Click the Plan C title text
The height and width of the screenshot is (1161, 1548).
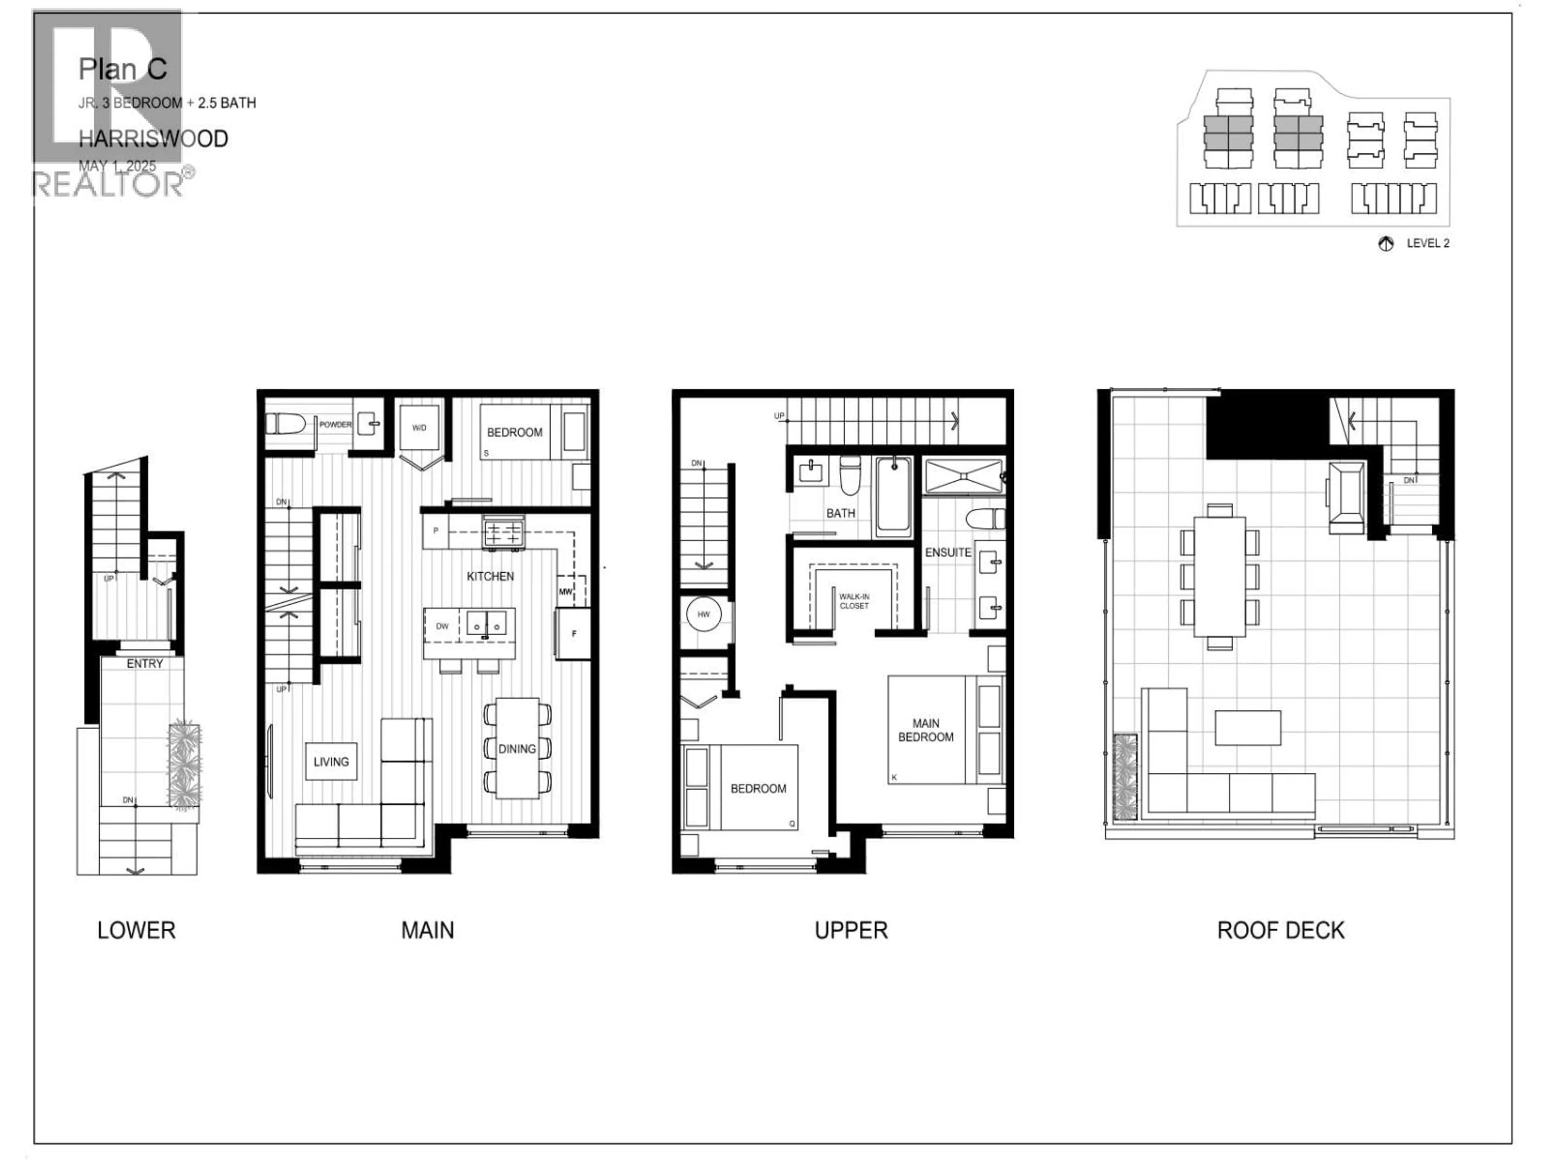coord(123,69)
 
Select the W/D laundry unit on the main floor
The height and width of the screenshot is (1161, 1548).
coord(419,428)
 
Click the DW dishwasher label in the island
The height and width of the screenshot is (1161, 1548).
coord(442,626)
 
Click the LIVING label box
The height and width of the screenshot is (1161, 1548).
coord(331,762)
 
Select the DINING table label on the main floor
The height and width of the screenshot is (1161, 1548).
coord(517,749)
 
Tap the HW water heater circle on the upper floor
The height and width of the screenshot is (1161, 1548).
coord(703,614)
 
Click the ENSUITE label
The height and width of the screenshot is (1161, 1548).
coord(948,552)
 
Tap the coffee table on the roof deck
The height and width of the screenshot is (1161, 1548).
coord(1248,728)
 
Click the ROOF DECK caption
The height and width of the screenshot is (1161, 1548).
coord(1281,930)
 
